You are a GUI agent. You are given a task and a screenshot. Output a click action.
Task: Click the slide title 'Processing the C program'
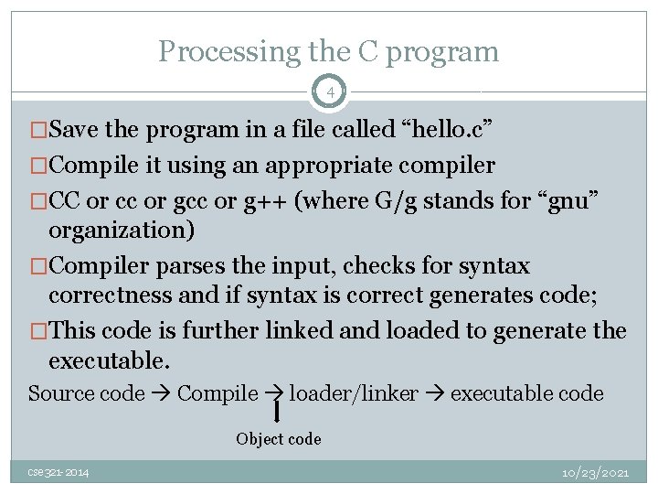click(329, 51)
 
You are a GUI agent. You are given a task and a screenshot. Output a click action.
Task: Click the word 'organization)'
click(122, 230)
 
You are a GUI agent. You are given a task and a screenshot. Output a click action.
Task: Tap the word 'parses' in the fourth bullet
click(189, 266)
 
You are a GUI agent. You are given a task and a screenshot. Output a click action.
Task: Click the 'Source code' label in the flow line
click(87, 393)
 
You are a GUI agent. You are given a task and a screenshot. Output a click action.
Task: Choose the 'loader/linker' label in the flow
click(354, 393)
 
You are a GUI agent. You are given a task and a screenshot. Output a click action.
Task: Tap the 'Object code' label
click(279, 439)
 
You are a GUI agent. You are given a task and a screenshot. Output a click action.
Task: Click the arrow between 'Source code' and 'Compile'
click(161, 394)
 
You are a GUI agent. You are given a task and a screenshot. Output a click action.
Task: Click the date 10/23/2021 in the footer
click(595, 472)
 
